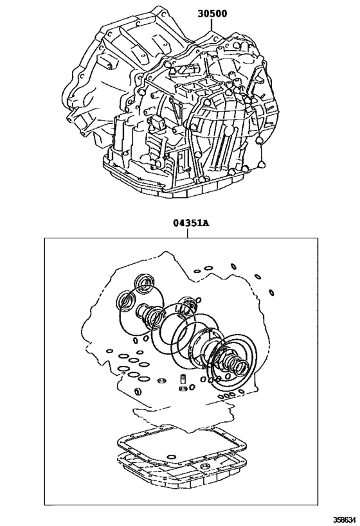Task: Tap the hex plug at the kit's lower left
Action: (x=138, y=391)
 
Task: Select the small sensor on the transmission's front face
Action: (x=159, y=122)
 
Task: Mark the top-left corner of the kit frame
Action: (x=44, y=239)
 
